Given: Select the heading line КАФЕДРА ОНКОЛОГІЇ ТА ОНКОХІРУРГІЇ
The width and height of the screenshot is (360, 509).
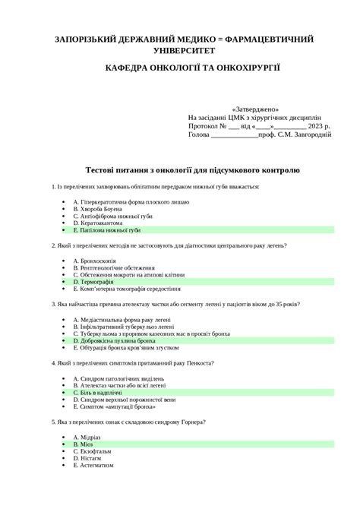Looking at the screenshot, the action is pos(193,68).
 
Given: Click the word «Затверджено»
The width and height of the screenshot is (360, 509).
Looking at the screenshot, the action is pos(261,109).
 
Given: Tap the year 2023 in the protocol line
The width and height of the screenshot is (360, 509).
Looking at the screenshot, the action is pos(308,126).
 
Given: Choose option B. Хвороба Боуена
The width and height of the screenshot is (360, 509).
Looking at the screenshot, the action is pos(101,209).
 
